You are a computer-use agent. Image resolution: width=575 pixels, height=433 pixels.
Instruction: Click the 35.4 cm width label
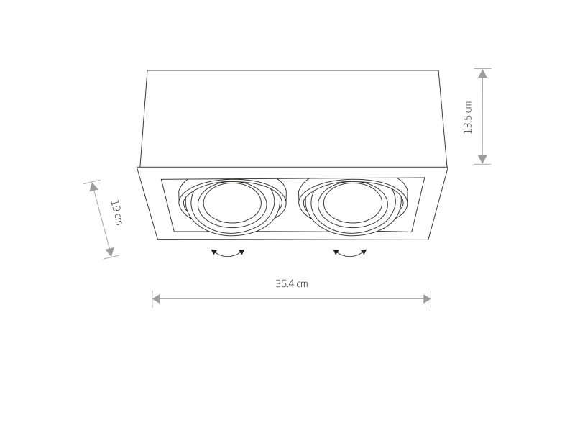click(292, 283)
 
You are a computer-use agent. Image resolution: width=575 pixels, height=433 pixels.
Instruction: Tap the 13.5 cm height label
click(468, 117)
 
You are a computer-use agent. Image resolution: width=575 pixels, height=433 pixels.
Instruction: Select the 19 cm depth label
click(116, 212)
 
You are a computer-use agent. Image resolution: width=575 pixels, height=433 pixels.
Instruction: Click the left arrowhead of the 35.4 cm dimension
click(156, 299)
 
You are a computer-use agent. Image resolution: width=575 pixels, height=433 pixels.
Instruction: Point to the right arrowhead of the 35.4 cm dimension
click(427, 299)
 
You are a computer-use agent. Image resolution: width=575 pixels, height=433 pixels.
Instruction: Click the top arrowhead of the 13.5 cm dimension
click(482, 73)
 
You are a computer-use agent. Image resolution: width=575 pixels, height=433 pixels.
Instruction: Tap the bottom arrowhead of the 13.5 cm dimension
click(482, 159)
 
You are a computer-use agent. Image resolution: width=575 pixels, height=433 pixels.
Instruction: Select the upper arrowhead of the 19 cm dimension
click(93, 187)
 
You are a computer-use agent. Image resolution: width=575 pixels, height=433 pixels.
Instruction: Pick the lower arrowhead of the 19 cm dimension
click(110, 252)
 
